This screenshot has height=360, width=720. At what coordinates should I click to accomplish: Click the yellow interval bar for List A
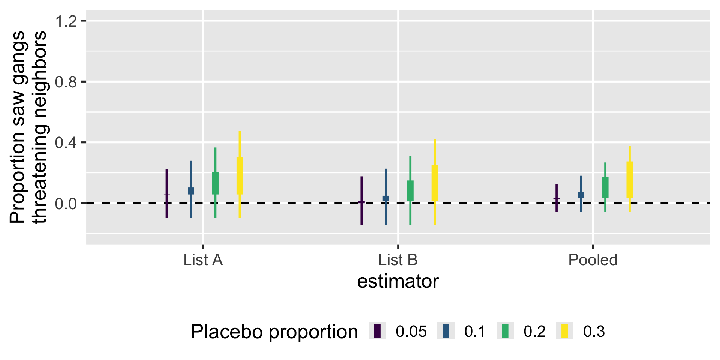(x=240, y=175)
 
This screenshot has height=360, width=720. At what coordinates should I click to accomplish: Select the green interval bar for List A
(x=215, y=183)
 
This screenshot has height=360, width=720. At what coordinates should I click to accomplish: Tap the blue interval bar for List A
(x=191, y=191)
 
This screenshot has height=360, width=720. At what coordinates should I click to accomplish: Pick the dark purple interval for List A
(x=166, y=194)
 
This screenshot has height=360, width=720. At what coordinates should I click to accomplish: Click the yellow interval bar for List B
(x=435, y=183)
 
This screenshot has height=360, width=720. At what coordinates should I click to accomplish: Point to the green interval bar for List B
(x=410, y=190)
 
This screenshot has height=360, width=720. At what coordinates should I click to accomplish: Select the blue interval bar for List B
(x=386, y=198)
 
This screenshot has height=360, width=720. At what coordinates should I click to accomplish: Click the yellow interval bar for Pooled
(x=630, y=180)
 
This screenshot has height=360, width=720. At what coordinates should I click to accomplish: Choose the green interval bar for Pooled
(x=605, y=187)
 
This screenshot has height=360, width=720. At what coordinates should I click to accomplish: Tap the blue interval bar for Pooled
(x=581, y=195)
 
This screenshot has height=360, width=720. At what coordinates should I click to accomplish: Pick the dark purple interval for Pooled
(x=556, y=198)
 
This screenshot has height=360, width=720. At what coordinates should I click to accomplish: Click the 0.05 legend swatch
(x=377, y=331)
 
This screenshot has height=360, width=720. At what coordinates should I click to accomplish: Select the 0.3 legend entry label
(x=594, y=331)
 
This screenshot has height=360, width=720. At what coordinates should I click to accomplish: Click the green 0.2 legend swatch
(x=505, y=331)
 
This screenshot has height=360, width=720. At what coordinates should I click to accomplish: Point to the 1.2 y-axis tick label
(x=66, y=21)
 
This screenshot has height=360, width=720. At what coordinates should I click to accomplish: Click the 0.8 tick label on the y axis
(x=66, y=82)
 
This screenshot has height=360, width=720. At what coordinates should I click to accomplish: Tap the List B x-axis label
(x=397, y=260)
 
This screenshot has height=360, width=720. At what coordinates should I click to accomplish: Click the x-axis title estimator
(x=397, y=281)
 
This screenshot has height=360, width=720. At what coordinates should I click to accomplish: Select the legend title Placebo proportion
(x=274, y=331)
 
